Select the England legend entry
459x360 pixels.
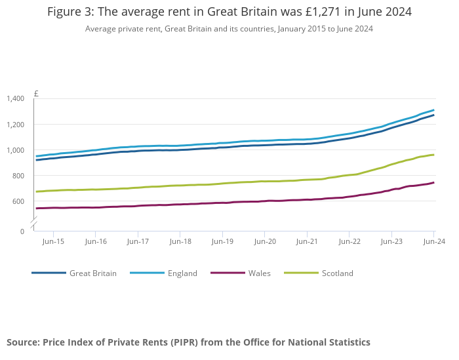pyautogui.click(x=182, y=273)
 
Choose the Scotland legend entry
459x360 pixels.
pyautogui.click(x=337, y=273)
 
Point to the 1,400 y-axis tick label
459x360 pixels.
pyautogui.click(x=15, y=98)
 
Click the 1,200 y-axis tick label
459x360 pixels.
pyautogui.click(x=15, y=125)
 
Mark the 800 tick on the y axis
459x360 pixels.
pyautogui.click(x=18, y=176)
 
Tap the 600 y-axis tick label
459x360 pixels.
pyautogui.click(x=18, y=201)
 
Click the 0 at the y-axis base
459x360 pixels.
pyautogui.click(x=22, y=231)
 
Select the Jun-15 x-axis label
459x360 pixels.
pyautogui.click(x=53, y=242)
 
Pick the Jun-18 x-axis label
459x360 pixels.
pyautogui.click(x=180, y=242)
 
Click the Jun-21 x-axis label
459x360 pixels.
pyautogui.click(x=307, y=242)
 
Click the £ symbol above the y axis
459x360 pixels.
pyautogui.click(x=36, y=94)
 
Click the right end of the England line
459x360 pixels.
pyautogui.click(x=433, y=110)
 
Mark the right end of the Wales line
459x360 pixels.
pyautogui.click(x=433, y=182)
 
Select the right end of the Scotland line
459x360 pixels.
pyautogui.click(x=433, y=155)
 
